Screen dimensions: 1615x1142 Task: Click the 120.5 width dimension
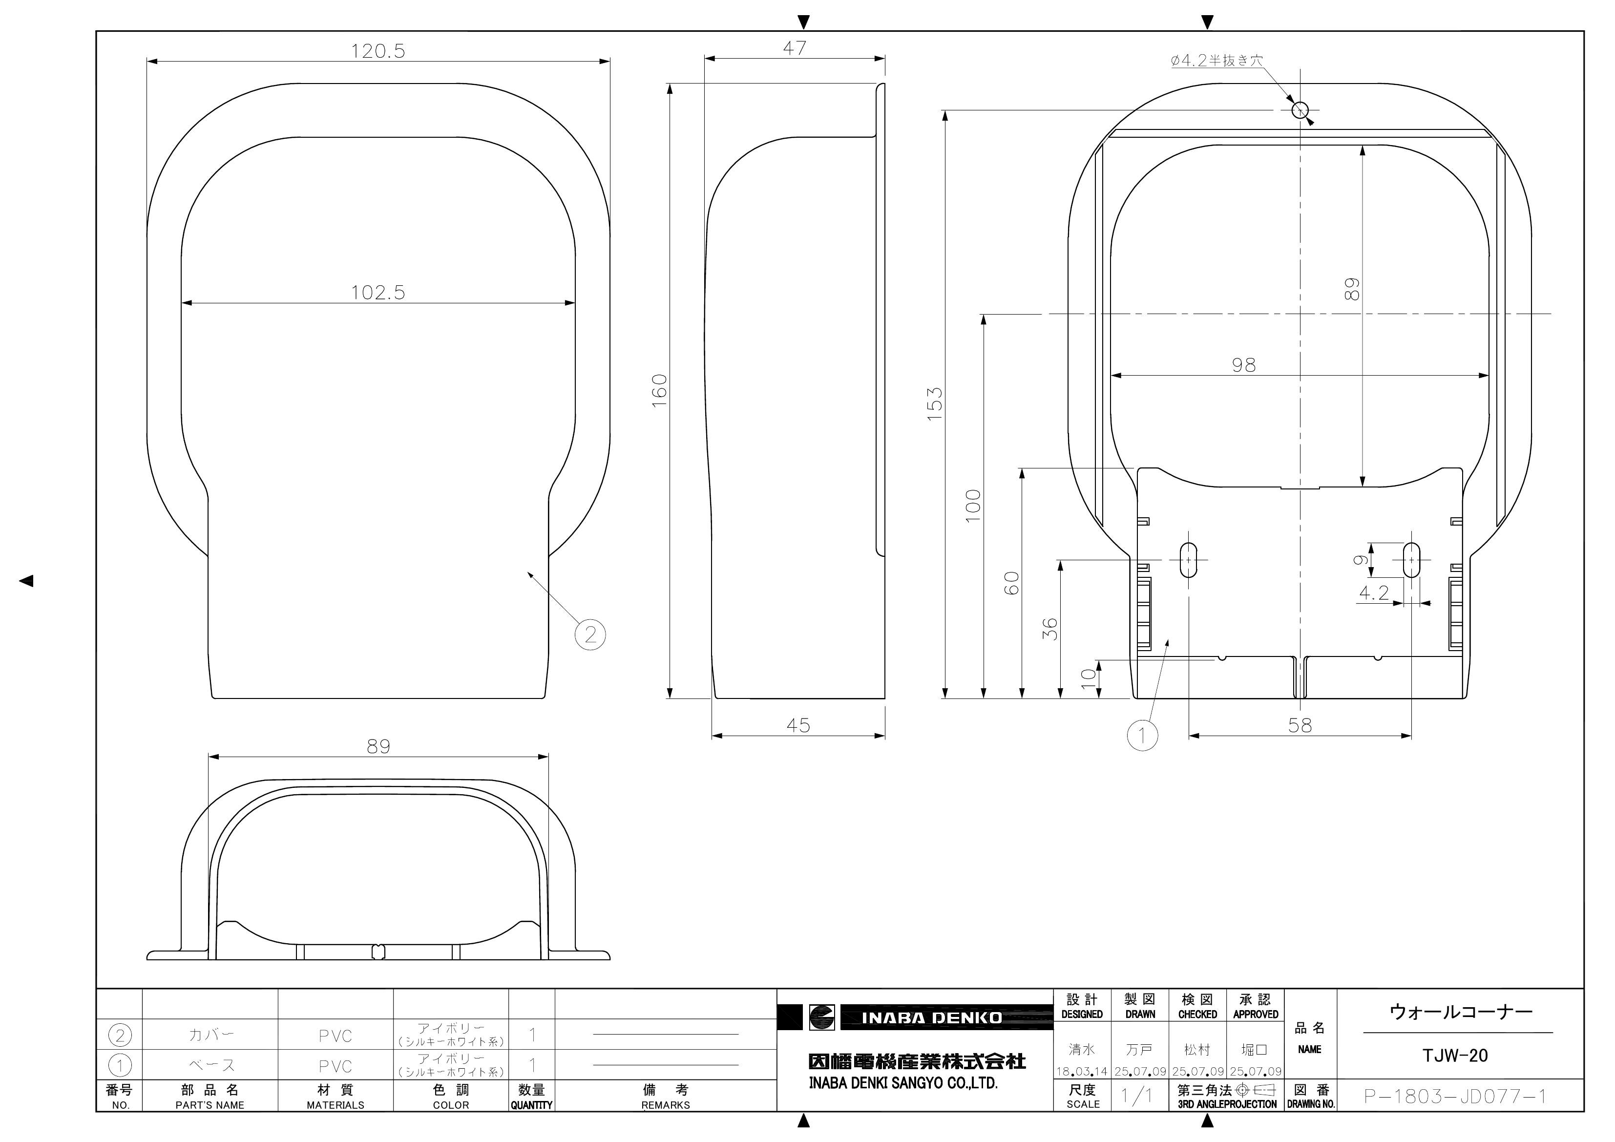coord(378,51)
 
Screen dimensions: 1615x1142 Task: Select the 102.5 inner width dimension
coord(378,293)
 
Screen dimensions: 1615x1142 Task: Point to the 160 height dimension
coord(659,391)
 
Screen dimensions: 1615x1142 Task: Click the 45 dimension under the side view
coord(798,725)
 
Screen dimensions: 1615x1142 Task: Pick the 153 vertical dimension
coord(934,404)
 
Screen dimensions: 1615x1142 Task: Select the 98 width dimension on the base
coord(1244,365)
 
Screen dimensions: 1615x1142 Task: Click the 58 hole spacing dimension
coord(1300,725)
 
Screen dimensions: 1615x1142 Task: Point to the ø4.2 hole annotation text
coord(1216,61)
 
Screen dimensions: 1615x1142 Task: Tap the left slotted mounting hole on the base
coord(1188,560)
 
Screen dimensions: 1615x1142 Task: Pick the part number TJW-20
coord(1455,1056)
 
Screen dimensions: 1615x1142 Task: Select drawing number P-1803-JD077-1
coord(1455,1096)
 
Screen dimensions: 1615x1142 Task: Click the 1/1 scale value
coord(1138,1096)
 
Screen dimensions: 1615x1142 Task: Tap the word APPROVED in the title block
coord(1256,1015)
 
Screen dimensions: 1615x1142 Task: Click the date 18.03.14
coord(1082,1072)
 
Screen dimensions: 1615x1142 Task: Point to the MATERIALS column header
coord(336,1105)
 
